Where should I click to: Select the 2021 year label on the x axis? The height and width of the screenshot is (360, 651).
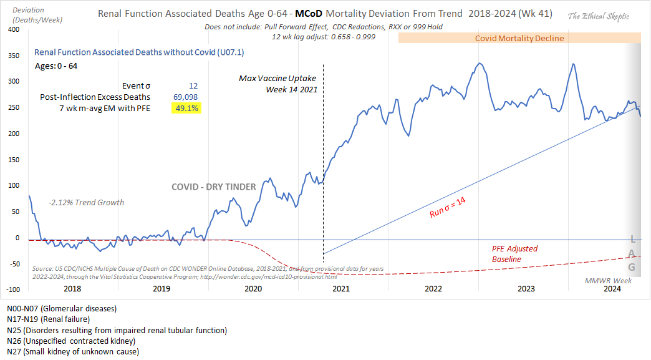pos(340,289)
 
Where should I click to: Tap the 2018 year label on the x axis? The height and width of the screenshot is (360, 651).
pos(72,289)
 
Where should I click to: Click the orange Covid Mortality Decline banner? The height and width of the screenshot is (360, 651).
pos(519,38)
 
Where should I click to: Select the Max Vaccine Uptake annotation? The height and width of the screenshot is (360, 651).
pos(278,84)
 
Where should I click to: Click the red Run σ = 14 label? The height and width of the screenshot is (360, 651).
pos(448,207)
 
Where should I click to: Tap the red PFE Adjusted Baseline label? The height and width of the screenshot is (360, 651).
pos(514,253)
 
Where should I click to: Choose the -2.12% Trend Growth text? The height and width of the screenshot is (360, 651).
pos(86,202)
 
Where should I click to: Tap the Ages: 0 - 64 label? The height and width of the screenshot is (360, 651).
pos(56,66)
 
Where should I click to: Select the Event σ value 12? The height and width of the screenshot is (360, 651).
pos(193,85)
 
